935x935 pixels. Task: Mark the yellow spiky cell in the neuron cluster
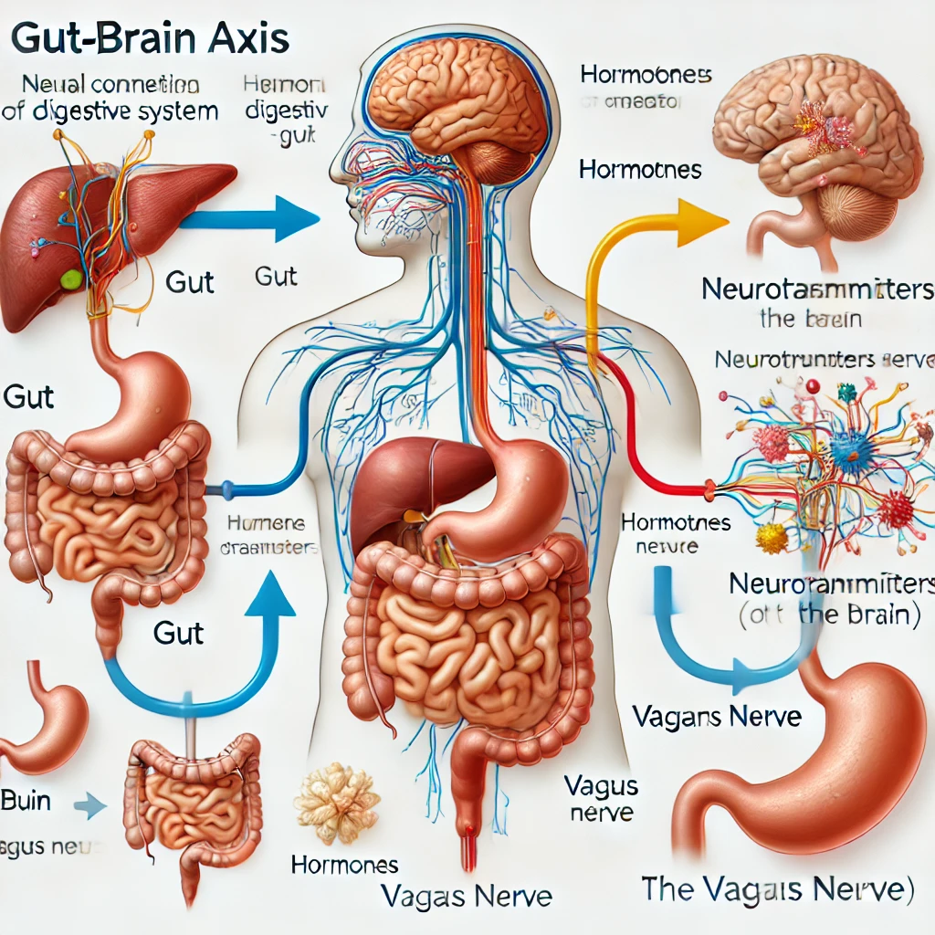[772, 538]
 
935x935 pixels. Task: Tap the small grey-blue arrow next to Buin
[89, 804]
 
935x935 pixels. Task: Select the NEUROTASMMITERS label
[818, 290]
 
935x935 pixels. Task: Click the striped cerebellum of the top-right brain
[853, 211]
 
